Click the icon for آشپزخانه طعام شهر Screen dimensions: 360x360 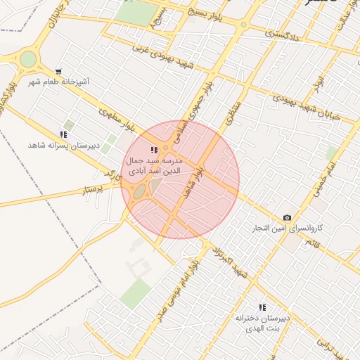pos(58,71)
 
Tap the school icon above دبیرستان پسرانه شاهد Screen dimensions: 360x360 pos(63,134)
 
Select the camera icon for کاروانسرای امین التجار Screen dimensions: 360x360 pos(287,217)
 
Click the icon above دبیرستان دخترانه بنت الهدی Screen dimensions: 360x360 pos(262,307)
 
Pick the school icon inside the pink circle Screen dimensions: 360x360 pos(154,150)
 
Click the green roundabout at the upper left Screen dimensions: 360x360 pos(27,59)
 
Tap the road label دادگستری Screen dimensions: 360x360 pos(285,35)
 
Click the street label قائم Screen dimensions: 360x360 pos(309,242)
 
